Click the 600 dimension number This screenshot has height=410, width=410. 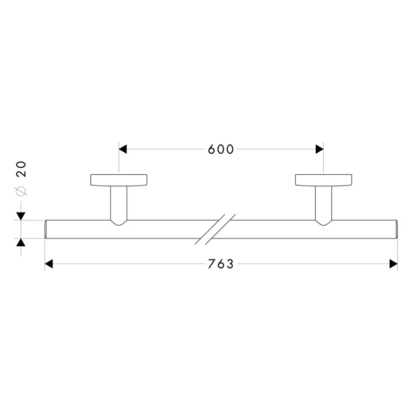tap(221, 149)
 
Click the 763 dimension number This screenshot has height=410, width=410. tap(221, 264)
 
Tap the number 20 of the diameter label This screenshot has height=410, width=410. tap(20, 168)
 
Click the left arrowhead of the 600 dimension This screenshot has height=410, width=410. tap(123, 149)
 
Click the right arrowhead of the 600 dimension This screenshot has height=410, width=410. tap(318, 149)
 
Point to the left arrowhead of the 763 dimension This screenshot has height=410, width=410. tap(49, 264)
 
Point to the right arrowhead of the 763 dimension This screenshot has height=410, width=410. tap(393, 264)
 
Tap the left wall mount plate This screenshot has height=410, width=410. tap(118, 180)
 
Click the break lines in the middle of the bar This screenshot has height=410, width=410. tap(215, 229)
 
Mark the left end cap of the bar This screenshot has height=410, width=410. tap(46, 229)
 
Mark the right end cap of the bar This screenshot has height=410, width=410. tap(396, 229)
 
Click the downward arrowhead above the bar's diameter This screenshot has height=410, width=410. tap(20, 216)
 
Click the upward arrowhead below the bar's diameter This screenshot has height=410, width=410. tap(20, 242)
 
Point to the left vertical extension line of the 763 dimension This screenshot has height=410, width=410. tap(44, 253)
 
